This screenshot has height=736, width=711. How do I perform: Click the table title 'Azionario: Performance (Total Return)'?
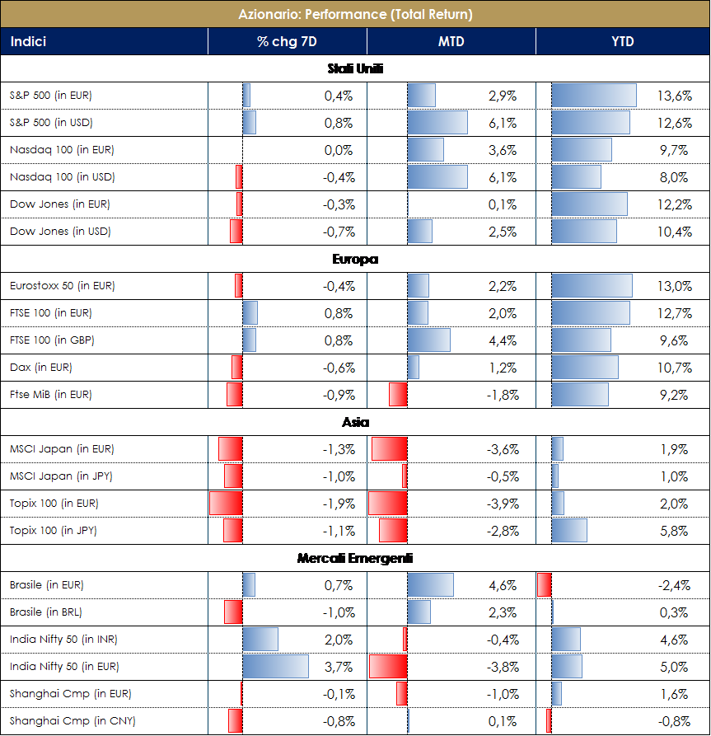[x=355, y=14]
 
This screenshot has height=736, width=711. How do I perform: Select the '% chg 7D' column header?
[x=287, y=41]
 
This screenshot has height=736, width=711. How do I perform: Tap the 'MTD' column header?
[x=451, y=41]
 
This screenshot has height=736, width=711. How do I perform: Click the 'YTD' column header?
[x=623, y=41]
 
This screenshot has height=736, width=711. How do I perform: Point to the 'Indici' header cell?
[x=28, y=41]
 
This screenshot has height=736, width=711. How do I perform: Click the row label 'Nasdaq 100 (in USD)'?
[x=63, y=177]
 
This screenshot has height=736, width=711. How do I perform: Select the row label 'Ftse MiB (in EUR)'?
[x=51, y=395]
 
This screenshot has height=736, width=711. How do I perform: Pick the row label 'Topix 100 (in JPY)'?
[x=54, y=531]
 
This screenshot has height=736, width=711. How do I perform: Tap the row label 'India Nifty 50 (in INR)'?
[x=66, y=640]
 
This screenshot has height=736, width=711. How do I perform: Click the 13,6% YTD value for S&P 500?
[x=674, y=96]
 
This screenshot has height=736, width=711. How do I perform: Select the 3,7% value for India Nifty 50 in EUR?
[x=339, y=667]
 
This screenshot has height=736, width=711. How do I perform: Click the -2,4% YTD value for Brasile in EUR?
[x=673, y=585]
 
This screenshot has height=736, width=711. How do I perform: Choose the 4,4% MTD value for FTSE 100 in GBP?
[x=503, y=340]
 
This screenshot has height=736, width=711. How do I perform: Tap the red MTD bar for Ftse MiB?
[x=398, y=395]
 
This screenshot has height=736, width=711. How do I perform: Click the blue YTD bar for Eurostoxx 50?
[x=592, y=286]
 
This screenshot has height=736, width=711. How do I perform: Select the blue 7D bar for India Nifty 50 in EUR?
[x=275, y=666]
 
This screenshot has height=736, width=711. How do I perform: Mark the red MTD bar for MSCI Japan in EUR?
[x=390, y=449]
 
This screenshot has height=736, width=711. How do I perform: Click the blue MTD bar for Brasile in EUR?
[x=431, y=585]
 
